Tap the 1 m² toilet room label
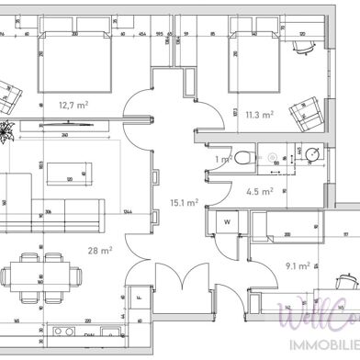[220, 160]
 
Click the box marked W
[227, 222]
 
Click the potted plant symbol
[6, 129]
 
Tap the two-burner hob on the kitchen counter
[65, 331]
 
